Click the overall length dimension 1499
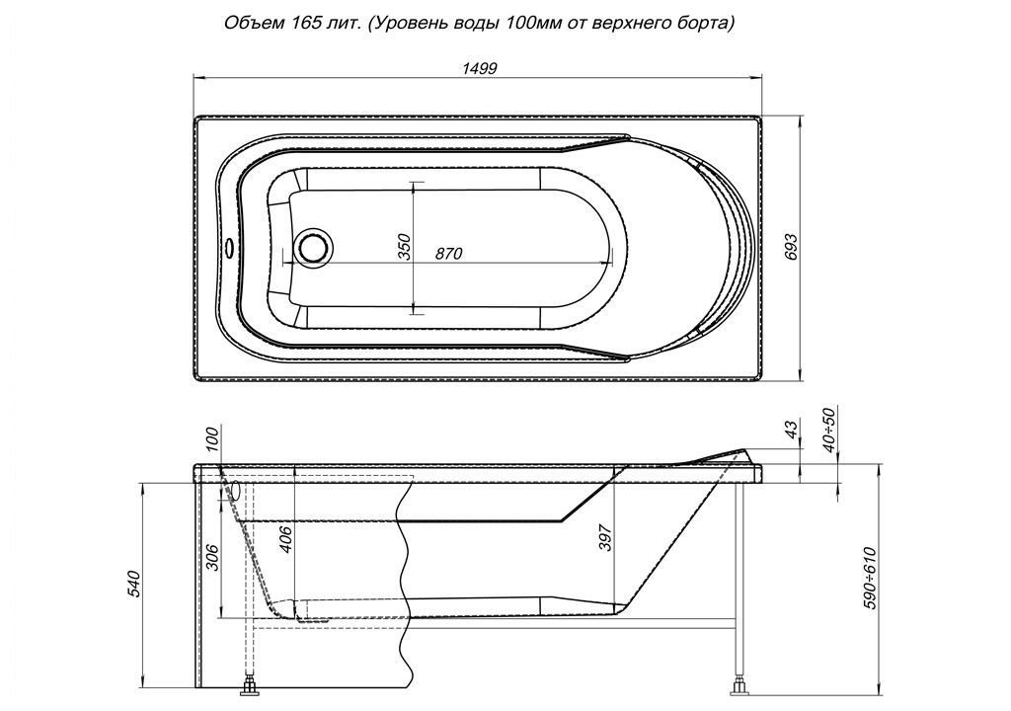coord(479,68)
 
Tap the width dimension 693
coord(792,247)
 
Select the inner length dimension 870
coord(448,254)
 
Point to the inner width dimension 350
coord(404,247)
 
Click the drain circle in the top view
coord(314,247)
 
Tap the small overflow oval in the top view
coord(229,247)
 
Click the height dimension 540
coord(134,584)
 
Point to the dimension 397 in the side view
coord(605,537)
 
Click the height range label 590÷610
coord(871,579)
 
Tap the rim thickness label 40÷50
coord(829,430)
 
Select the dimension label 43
coord(792,427)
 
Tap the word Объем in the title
coord(248,25)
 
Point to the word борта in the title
coord(707,25)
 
